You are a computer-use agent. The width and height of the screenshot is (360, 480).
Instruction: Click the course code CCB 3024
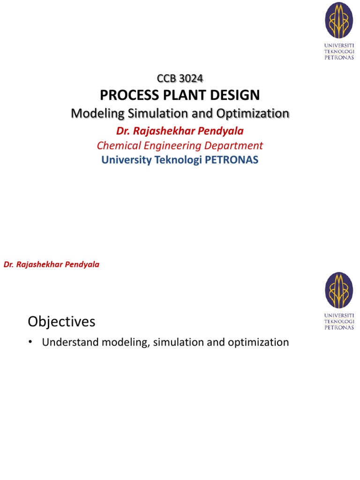[x=180, y=78]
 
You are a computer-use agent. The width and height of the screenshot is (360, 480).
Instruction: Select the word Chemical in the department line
[x=117, y=145]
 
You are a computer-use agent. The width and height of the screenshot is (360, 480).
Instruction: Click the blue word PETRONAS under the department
[x=231, y=160]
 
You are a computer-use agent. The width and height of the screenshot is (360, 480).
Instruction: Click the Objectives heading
[x=61, y=322]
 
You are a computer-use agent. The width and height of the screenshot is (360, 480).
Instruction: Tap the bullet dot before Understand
[x=30, y=342]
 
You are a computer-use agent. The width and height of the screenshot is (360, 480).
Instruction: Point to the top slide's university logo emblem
[x=339, y=21]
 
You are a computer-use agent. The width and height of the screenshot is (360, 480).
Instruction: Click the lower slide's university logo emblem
[x=339, y=290]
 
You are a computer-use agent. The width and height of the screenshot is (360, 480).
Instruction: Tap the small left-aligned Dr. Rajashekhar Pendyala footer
[x=52, y=264]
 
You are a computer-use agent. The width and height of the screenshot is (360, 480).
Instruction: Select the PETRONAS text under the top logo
[x=339, y=58]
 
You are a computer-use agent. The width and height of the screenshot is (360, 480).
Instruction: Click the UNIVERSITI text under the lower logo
[x=339, y=315]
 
